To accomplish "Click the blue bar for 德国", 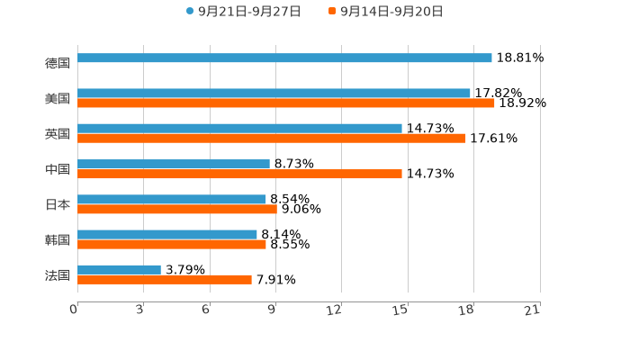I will pyautogui.click(x=284, y=58).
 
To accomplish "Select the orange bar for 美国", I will pyautogui.click(x=286, y=103).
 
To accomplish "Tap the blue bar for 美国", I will pyautogui.click(x=274, y=93).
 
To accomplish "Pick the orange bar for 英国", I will pyautogui.click(x=272, y=139).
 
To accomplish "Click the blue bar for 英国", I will pyautogui.click(x=239, y=128).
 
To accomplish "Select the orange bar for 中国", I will pyautogui.click(x=239, y=174).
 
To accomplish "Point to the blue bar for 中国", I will pyautogui.click(x=174, y=164).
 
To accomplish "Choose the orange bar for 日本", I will pyautogui.click(x=177, y=209).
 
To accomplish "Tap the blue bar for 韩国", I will pyautogui.click(x=167, y=234).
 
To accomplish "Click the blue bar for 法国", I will pyautogui.click(x=120, y=269).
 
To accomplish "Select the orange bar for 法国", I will pyautogui.click(x=165, y=280).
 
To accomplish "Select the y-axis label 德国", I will pyautogui.click(x=58, y=63).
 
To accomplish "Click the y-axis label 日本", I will pyautogui.click(x=58, y=204).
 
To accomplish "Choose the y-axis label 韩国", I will pyautogui.click(x=58, y=239).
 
